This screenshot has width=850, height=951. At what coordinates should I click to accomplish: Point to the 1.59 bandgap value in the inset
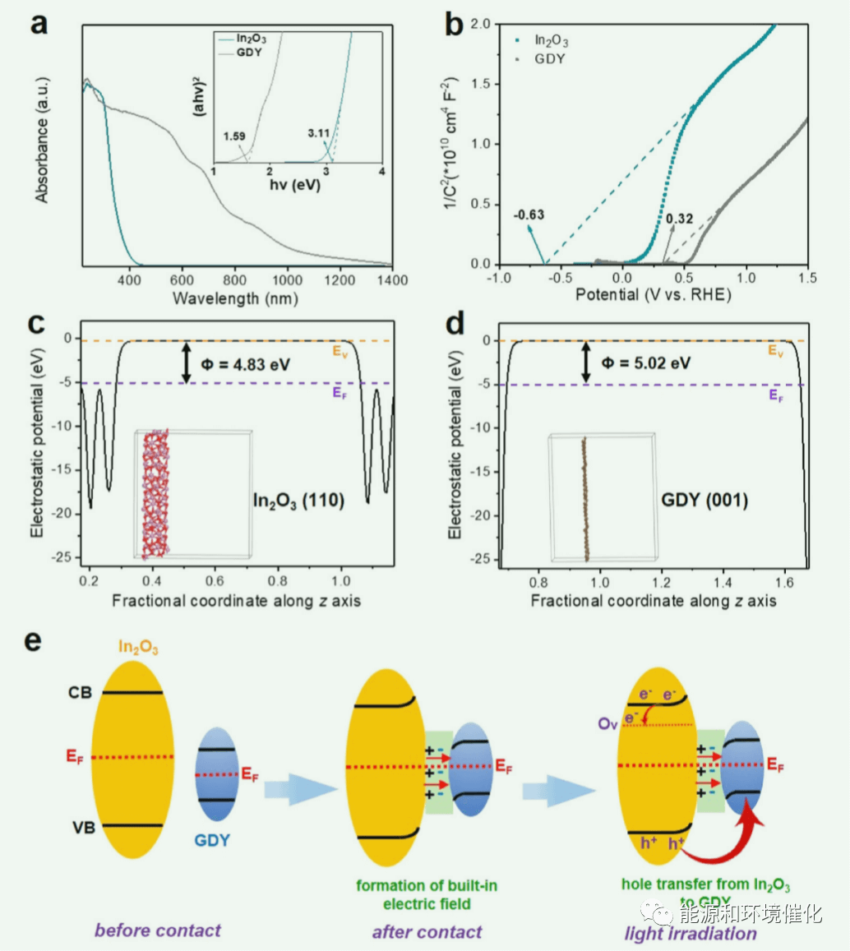[234, 135]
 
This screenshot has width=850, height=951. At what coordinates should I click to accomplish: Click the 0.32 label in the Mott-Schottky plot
[678, 219]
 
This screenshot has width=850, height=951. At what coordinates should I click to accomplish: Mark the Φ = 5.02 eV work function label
[646, 362]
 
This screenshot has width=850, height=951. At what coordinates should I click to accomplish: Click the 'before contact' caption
[158, 930]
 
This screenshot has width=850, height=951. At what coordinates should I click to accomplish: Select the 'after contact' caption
[427, 932]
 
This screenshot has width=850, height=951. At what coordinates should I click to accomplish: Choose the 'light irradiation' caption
[691, 934]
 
